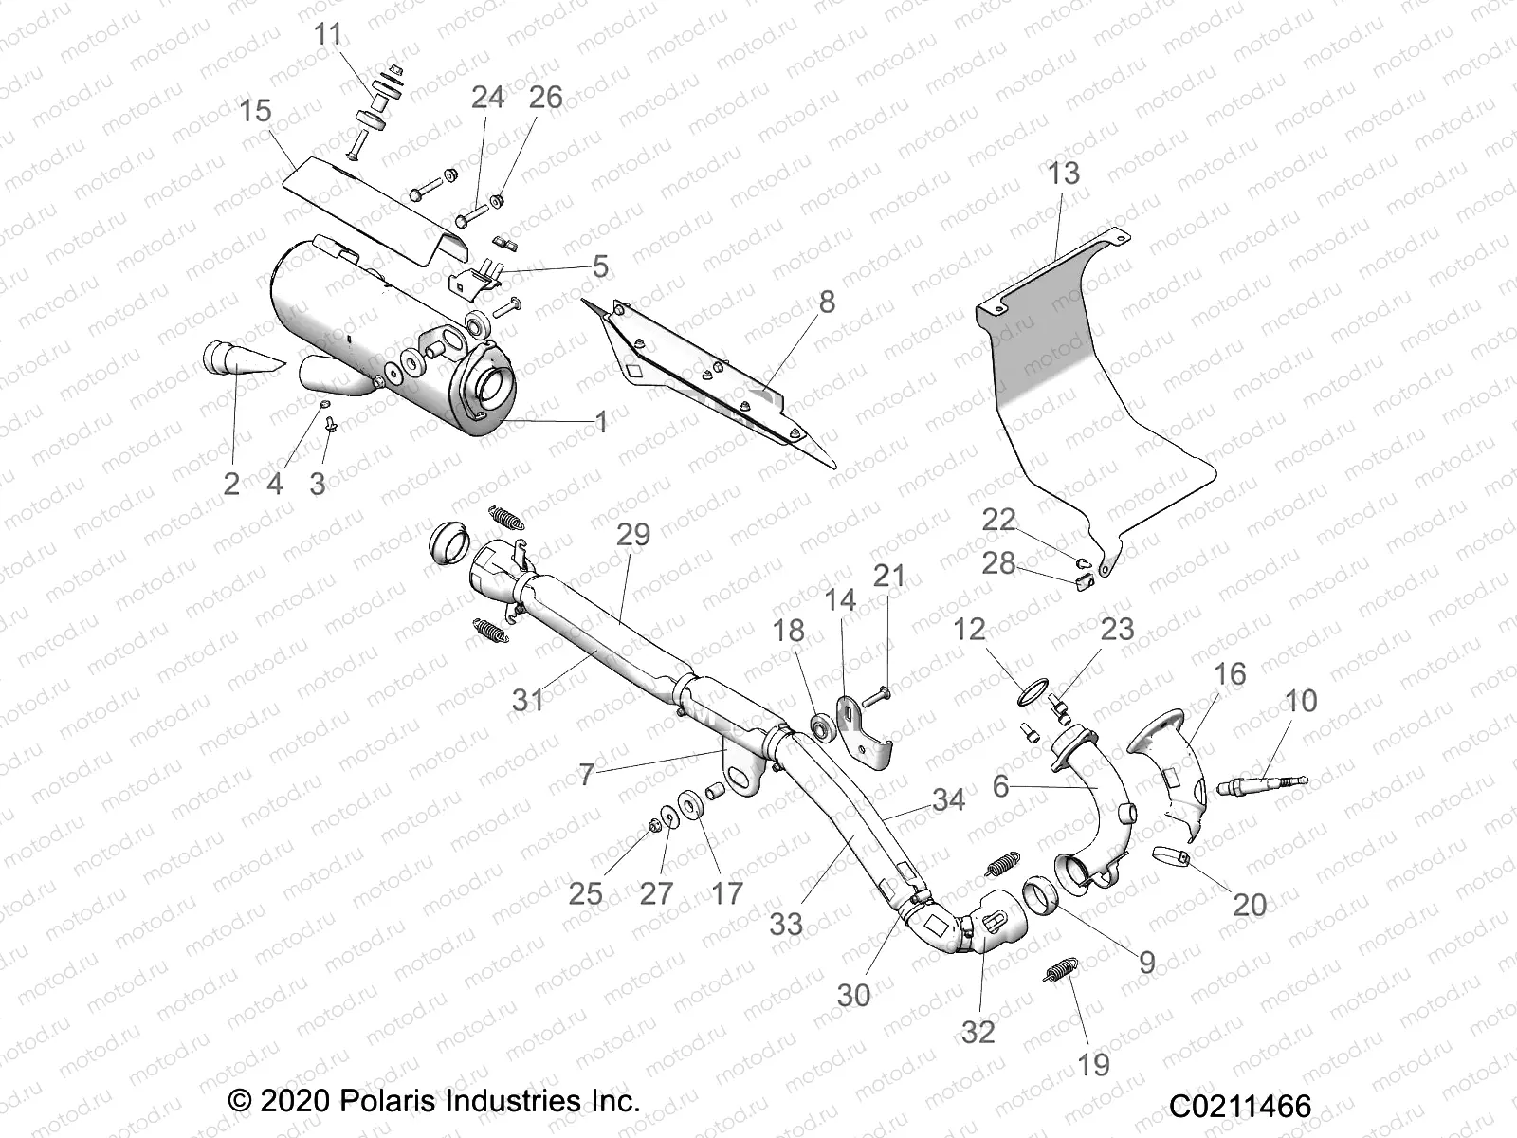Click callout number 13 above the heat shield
coord(1064,174)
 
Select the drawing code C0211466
coord(1239,1107)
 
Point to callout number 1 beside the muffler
coord(600,422)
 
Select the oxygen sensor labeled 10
coord(1267,783)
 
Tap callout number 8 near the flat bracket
coord(827,303)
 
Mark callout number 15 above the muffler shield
coord(256,111)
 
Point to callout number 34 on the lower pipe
coord(947,799)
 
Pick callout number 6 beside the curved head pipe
coord(1001,786)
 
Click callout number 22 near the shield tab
coord(998,520)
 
